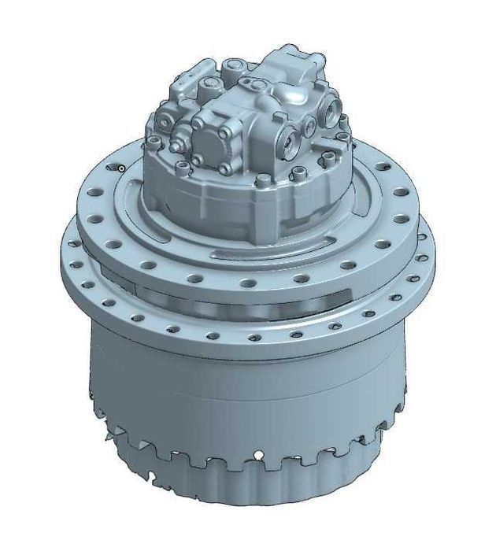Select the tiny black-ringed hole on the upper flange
[x=120, y=168]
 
